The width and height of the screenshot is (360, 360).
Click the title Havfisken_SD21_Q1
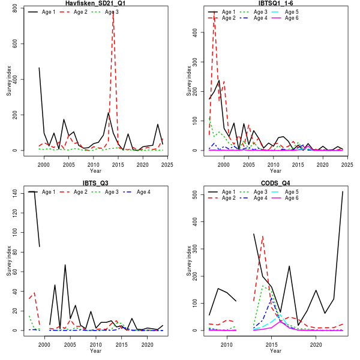pyautogui.click(x=95, y=4)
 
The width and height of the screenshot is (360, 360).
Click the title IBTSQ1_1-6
pyautogui.click(x=275, y=4)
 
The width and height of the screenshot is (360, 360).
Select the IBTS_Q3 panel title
pyautogui.click(x=95, y=183)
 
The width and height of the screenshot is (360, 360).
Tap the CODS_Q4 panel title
pyautogui.click(x=275, y=183)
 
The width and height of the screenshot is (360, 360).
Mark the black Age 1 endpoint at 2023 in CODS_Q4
pyautogui.click(x=343, y=191)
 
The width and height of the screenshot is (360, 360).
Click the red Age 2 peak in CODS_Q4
pyautogui.click(x=262, y=236)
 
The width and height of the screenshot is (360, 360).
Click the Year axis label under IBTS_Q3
pyautogui.click(x=95, y=351)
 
